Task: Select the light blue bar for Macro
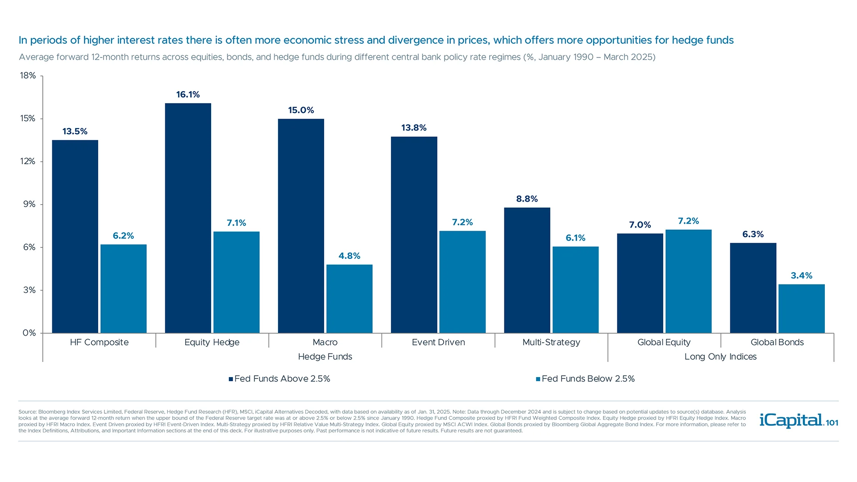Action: [x=349, y=299]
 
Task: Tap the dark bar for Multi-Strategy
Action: [x=527, y=270]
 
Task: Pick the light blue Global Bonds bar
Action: [x=801, y=308]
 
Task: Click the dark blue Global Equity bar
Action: [x=640, y=283]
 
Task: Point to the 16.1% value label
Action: [x=188, y=95]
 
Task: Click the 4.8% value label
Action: [x=349, y=256]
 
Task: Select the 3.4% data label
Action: [x=801, y=276]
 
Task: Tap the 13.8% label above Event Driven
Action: [x=414, y=128]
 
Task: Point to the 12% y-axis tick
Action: [x=28, y=162]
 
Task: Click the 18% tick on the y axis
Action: [x=28, y=76]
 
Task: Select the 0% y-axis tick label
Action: [x=29, y=333]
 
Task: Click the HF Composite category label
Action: [x=99, y=342]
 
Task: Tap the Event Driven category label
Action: [x=438, y=342]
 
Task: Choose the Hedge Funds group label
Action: [x=325, y=357]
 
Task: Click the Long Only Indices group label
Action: [x=720, y=357]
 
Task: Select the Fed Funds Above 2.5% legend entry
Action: [x=279, y=379]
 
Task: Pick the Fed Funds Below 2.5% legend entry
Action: [x=586, y=379]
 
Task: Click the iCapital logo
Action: [x=798, y=420]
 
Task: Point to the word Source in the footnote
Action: [x=27, y=412]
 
